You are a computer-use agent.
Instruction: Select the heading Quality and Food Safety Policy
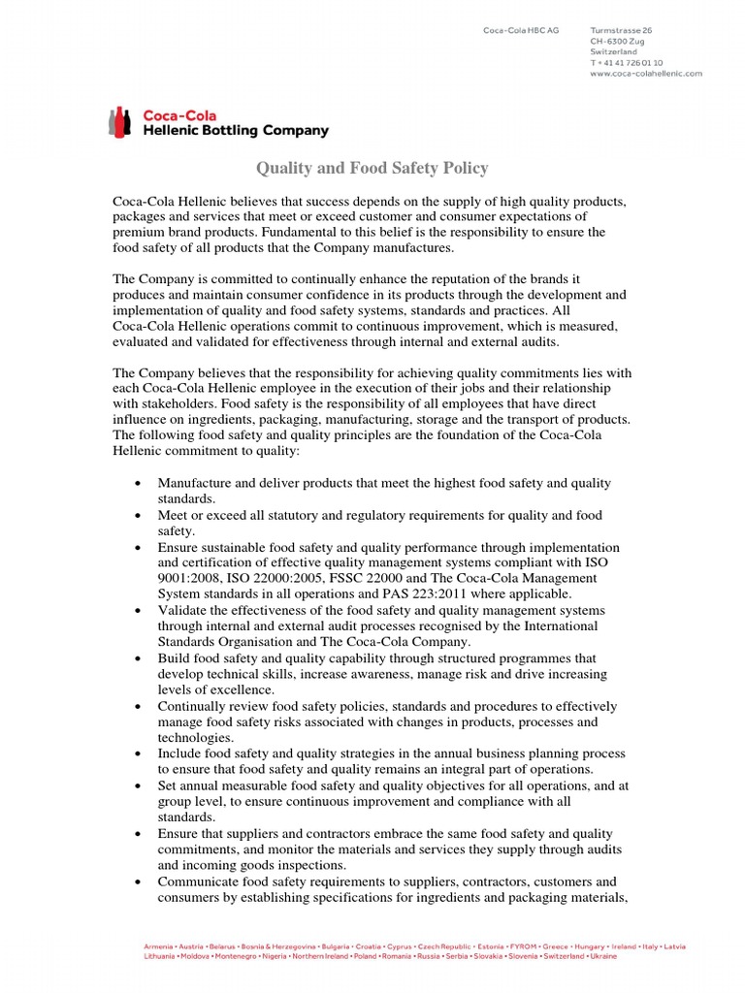click(372, 169)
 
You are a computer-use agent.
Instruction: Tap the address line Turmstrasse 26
click(621, 31)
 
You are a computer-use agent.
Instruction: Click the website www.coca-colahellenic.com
click(645, 73)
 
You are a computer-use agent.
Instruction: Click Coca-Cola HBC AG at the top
click(521, 31)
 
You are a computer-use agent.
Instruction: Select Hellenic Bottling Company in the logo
click(236, 131)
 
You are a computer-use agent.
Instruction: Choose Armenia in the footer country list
click(159, 945)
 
